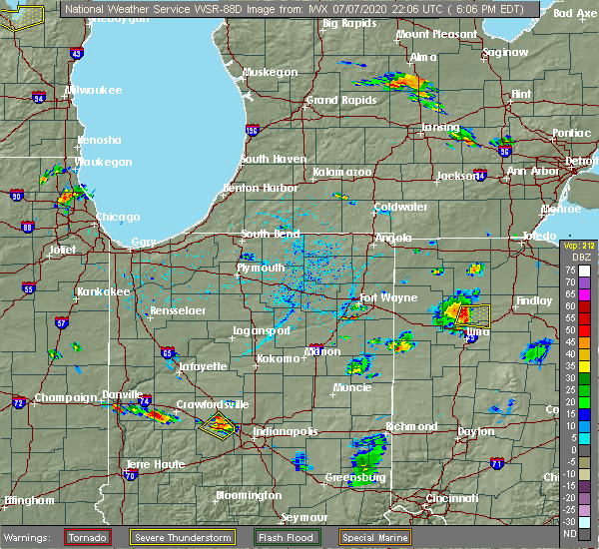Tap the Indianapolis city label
(x=285, y=431)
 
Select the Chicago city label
(x=118, y=217)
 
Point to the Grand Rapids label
(x=335, y=100)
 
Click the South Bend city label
(x=270, y=235)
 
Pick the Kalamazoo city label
(x=341, y=172)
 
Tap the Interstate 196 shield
(x=253, y=130)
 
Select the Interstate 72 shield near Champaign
(x=19, y=402)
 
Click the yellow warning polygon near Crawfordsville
(x=217, y=427)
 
